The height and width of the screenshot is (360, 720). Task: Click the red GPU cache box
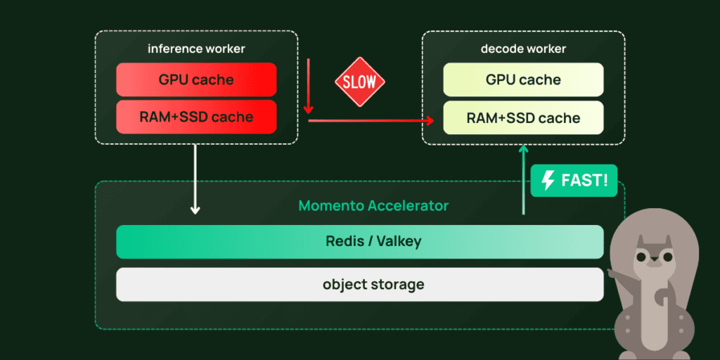[x=196, y=79]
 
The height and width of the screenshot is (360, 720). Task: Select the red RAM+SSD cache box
[x=196, y=117]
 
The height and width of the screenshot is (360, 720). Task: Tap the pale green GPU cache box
[x=523, y=79]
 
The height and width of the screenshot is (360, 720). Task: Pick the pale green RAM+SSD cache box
[x=523, y=117]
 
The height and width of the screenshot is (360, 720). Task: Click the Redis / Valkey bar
[x=359, y=241]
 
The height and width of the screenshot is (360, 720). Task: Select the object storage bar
[x=359, y=284]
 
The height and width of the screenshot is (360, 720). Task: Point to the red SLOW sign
[x=359, y=82]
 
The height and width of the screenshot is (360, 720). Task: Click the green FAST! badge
[x=573, y=181]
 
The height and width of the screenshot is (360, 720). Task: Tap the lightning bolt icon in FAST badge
[x=548, y=181]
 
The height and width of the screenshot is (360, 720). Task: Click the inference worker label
[x=196, y=49]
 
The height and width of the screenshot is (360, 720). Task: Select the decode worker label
[x=523, y=49]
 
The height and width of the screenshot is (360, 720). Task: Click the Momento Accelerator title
[x=373, y=206]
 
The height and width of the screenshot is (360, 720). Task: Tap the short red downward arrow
[x=308, y=88]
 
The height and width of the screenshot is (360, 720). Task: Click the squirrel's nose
[x=654, y=259]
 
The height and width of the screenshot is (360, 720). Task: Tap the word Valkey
[x=399, y=241]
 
